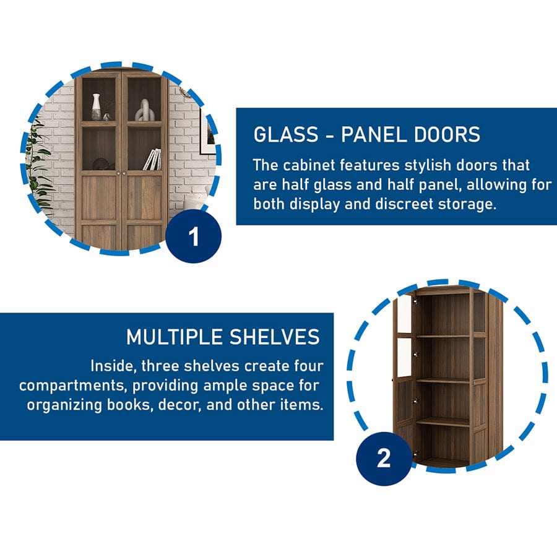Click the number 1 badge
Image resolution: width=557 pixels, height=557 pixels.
coord(194,236)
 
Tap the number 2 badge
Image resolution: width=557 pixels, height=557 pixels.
coord(384,459)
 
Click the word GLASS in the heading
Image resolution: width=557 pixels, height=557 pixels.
coord(286,135)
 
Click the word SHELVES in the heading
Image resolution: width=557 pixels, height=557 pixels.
coord(275,337)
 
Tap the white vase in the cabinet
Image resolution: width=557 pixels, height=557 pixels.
coord(96,106)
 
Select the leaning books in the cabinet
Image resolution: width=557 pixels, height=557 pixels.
coord(152,160)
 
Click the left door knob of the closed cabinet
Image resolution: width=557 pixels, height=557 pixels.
coord(118,173)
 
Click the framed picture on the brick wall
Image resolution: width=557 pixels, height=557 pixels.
coord(208,132)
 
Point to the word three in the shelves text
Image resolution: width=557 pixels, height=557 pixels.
coord(160,366)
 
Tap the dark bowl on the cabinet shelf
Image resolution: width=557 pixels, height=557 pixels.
coord(101,164)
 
